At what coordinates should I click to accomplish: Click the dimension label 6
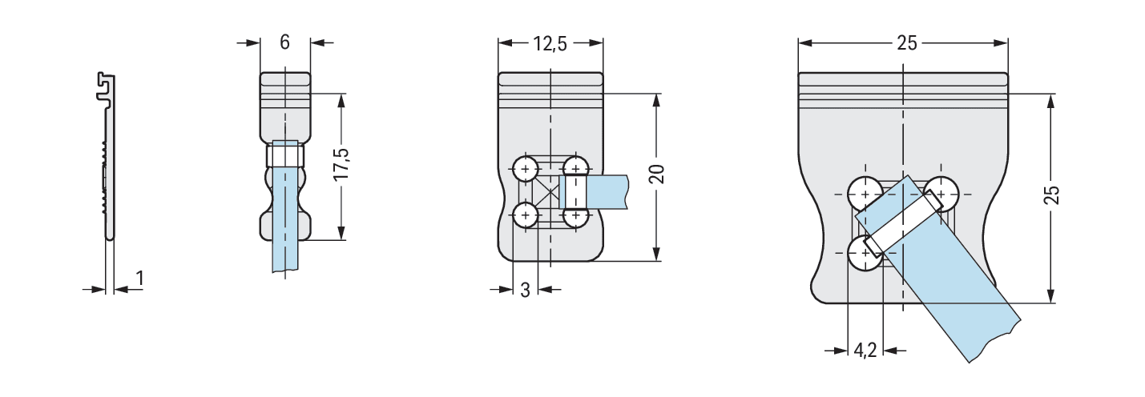point(284,42)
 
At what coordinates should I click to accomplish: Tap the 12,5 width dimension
point(550,44)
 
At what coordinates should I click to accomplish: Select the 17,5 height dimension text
point(341,163)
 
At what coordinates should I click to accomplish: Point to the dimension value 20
point(657,174)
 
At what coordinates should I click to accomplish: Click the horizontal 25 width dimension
point(907,43)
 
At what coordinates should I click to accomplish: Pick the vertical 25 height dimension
point(1051,194)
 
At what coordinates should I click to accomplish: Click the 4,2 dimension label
point(865,350)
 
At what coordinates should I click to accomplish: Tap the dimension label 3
point(526,290)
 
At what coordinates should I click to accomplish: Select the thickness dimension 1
point(139,279)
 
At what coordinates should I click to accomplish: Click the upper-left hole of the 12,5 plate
point(525,169)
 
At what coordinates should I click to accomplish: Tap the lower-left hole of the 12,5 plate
point(525,215)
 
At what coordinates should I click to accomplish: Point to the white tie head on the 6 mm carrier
point(285,155)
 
